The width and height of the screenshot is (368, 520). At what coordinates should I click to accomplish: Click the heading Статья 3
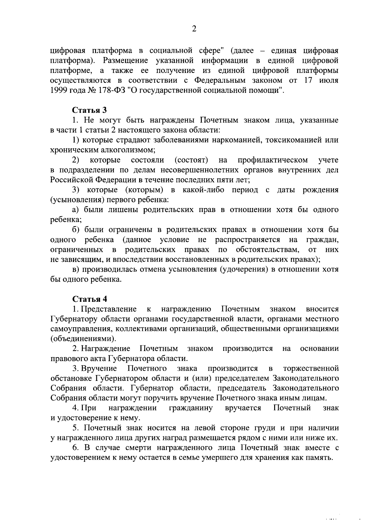click(89, 110)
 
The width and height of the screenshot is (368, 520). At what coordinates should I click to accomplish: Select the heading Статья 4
click(89, 299)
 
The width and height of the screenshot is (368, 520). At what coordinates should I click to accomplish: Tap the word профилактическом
click(273, 160)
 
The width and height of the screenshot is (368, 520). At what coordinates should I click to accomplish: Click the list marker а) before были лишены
click(76, 210)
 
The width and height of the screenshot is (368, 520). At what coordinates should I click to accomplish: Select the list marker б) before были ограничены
click(76, 230)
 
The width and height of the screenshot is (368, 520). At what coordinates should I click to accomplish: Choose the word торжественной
click(311, 368)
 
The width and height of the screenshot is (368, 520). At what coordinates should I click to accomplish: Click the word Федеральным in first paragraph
click(220, 81)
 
